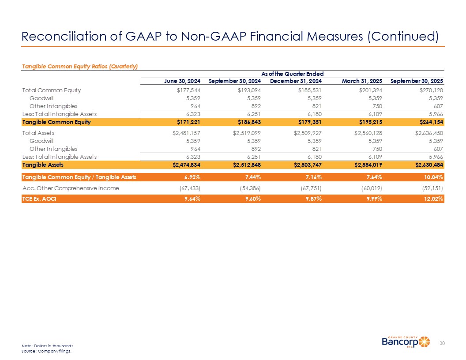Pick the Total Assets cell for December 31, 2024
tap(304, 132)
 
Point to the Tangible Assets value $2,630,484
tap(426, 165)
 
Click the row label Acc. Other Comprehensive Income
tap(70, 188)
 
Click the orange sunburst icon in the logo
tap(424, 342)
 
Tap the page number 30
tap(442, 343)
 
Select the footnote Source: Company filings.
tap(46, 352)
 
